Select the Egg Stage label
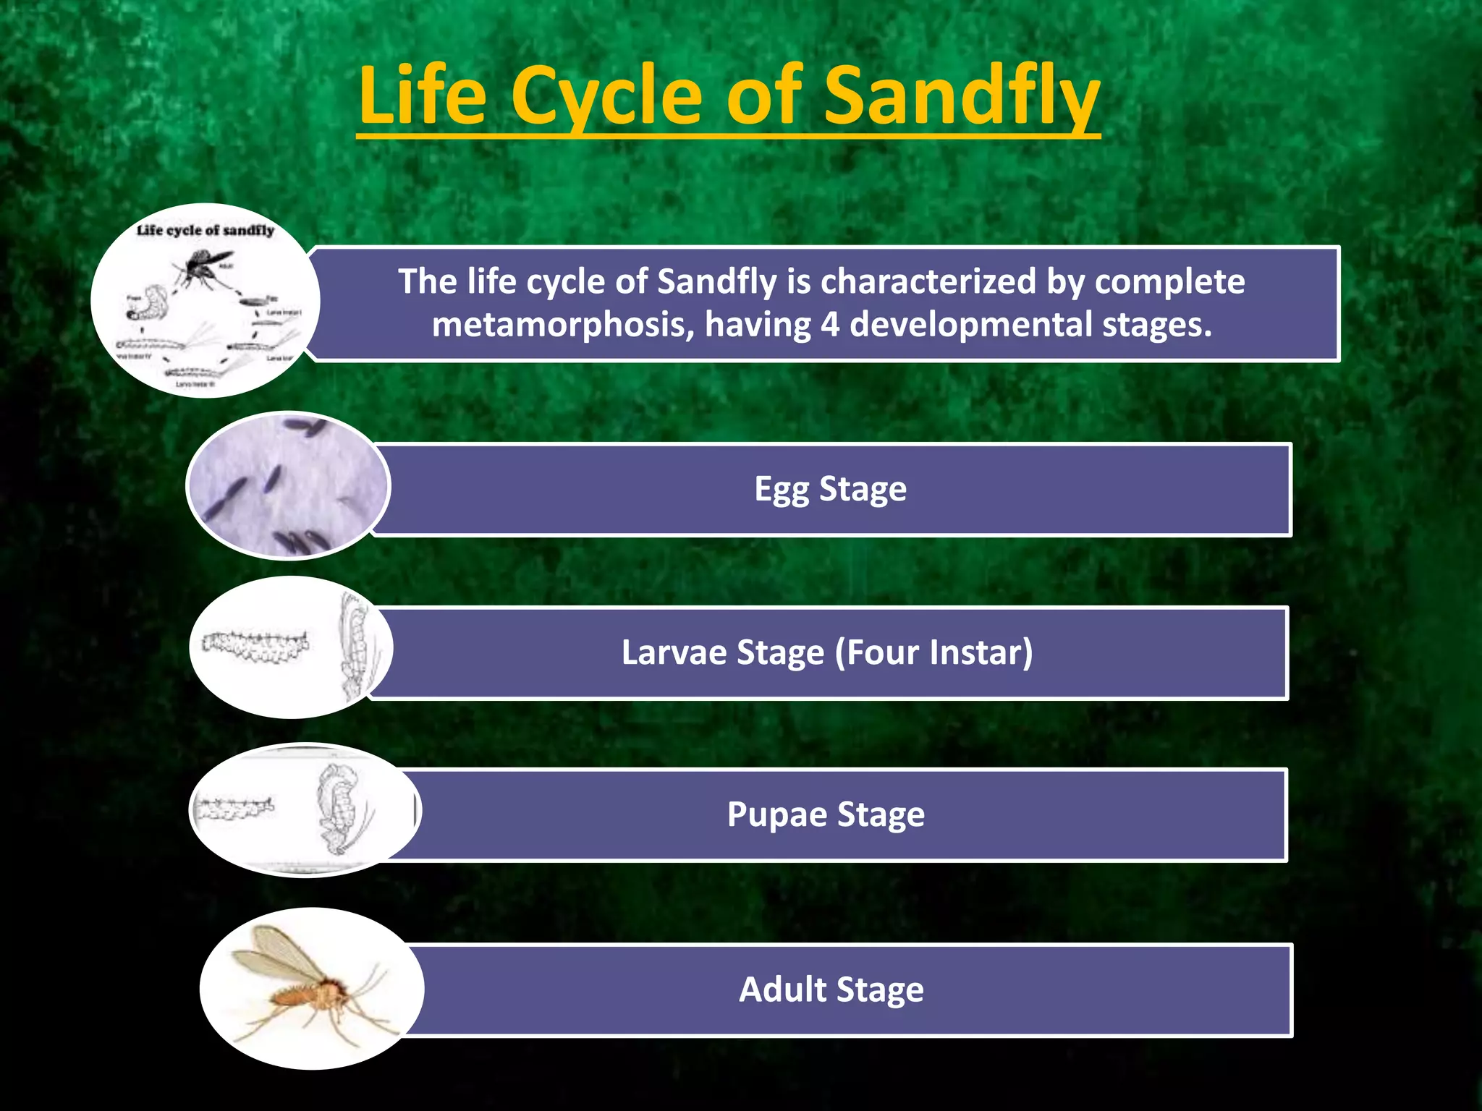[x=830, y=489]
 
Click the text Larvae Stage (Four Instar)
[x=826, y=652]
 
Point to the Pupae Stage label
[x=826, y=814]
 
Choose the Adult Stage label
[x=831, y=989]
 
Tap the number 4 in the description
[x=829, y=325]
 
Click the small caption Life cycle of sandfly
[x=206, y=230]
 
